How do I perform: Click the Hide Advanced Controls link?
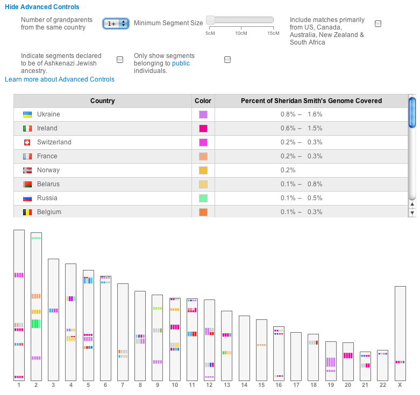[x=42, y=7]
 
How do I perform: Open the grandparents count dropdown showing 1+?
[x=116, y=24]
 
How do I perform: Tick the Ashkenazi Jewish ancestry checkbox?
[x=120, y=60]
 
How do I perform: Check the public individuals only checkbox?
[x=227, y=60]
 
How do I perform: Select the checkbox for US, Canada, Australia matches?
[x=378, y=24]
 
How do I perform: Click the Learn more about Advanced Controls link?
[x=60, y=79]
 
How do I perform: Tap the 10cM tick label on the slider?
[x=241, y=33]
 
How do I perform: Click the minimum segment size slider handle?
[x=210, y=20]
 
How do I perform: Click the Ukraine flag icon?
[x=27, y=114]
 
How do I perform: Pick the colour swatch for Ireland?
[x=203, y=129]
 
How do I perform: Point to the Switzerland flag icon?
[x=27, y=142]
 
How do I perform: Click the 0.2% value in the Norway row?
[x=288, y=170]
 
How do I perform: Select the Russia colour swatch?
[x=203, y=198]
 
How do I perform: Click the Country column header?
[x=103, y=101]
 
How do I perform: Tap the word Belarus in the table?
[x=48, y=184]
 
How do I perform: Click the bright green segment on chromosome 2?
[x=36, y=324]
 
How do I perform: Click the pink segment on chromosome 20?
[x=348, y=355]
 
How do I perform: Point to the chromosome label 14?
[x=244, y=385]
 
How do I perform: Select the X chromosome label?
[x=400, y=385]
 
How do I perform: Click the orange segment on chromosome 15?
[x=261, y=345]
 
